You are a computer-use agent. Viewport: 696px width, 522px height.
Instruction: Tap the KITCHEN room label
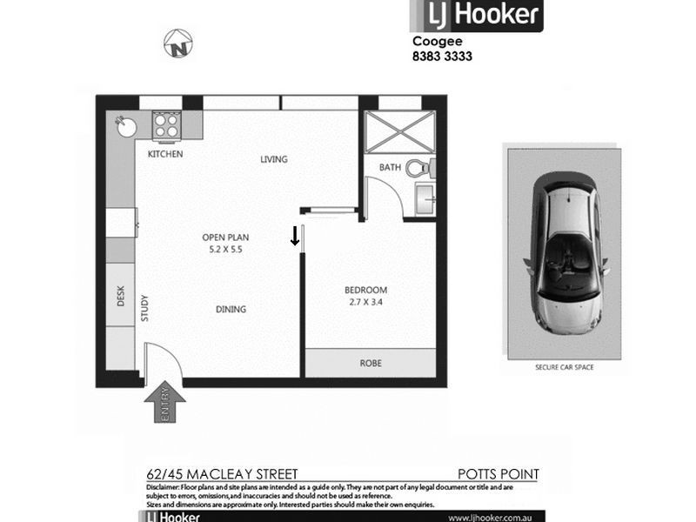pos(165,154)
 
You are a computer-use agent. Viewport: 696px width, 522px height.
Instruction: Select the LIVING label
pos(274,159)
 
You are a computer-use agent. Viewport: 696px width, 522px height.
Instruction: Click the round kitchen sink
pos(127,127)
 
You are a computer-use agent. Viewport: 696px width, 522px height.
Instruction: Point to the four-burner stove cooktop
pos(165,126)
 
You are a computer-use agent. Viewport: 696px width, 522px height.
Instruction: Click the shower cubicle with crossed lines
pos(391,133)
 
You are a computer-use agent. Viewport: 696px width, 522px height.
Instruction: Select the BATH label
pos(389,168)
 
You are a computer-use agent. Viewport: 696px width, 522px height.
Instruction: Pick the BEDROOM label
pos(365,290)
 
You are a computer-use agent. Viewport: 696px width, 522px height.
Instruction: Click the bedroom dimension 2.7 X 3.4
pos(365,303)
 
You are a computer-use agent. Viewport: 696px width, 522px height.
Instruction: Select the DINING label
pos(231,309)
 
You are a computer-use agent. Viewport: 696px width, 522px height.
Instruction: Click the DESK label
pos(122,298)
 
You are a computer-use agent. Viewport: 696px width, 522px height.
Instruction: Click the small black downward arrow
pos(295,235)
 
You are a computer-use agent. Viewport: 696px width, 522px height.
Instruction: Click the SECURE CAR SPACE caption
pos(565,368)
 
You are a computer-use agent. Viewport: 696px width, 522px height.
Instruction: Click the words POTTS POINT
pos(499,474)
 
